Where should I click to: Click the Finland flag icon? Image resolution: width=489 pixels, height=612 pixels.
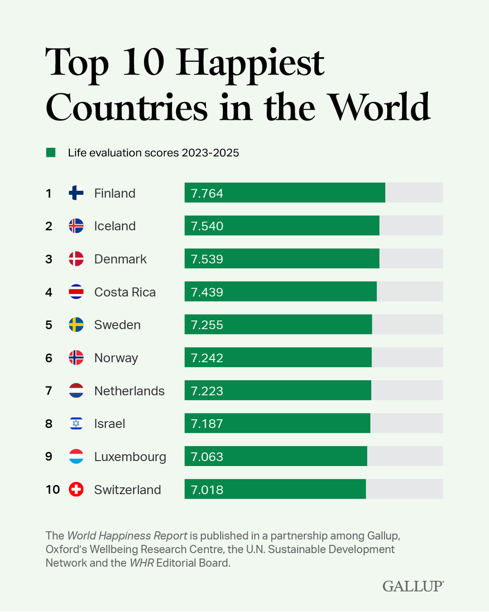point(76,193)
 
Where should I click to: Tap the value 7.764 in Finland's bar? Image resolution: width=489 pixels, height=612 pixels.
point(207,193)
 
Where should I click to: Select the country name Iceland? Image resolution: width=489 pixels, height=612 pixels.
point(115,226)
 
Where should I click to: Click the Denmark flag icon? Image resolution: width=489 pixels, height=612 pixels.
point(76,259)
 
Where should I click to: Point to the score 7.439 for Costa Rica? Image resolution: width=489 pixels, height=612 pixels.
point(207,292)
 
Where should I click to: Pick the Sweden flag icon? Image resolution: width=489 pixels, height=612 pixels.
point(76,325)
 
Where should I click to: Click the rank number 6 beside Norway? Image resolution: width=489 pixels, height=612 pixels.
point(49,358)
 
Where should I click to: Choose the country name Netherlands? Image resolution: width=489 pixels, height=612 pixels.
point(129,391)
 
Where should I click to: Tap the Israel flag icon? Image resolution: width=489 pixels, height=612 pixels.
point(76,424)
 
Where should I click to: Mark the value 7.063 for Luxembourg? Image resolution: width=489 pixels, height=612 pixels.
point(207,457)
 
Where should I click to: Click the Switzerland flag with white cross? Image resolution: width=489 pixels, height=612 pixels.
point(76,490)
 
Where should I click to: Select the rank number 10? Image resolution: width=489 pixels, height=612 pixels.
point(52,490)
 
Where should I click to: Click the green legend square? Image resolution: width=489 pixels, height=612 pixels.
point(50,152)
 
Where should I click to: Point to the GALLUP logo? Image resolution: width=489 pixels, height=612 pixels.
point(413,586)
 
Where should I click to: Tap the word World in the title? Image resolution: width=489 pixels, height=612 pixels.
point(378,108)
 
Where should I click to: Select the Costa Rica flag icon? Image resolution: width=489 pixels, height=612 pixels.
point(76,292)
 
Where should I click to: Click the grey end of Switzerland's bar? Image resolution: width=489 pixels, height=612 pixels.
point(404,489)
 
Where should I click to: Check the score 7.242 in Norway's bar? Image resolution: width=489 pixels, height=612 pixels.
point(207,358)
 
